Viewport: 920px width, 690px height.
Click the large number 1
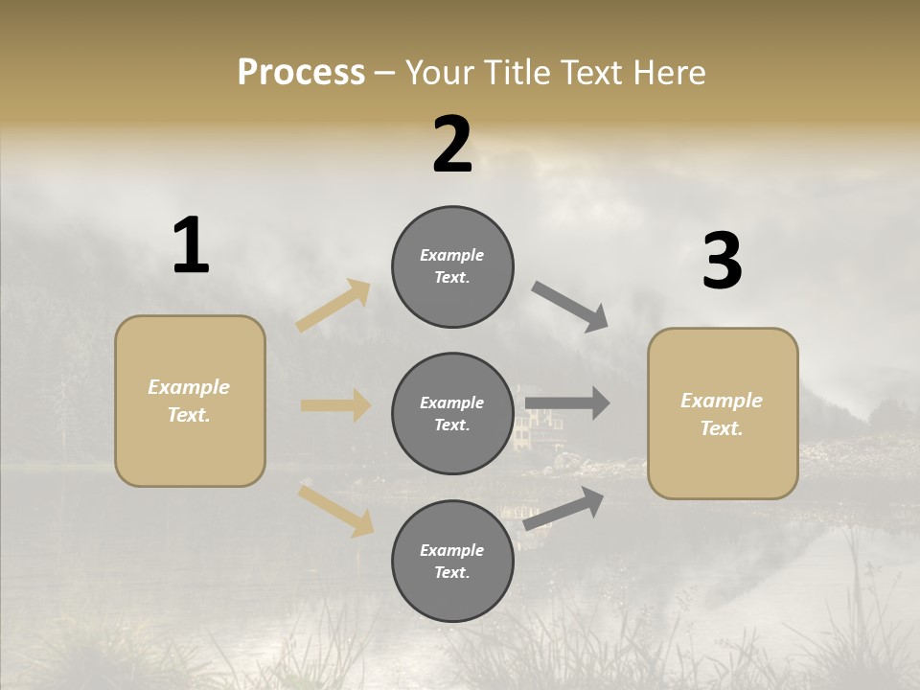191,245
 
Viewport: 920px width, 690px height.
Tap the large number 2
452,145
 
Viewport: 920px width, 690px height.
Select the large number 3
722,262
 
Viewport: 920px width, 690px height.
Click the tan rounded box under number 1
190,401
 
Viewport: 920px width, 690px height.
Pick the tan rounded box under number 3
723,413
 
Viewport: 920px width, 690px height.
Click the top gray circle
452,266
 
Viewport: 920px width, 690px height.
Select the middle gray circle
452,413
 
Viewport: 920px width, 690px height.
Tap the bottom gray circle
452,561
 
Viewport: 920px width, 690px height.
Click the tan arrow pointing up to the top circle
333,306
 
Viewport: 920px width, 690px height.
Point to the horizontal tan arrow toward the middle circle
335,405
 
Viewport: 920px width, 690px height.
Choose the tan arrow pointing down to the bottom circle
335,510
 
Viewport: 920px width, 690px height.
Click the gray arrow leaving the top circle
569,306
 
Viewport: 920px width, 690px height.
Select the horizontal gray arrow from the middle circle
567,403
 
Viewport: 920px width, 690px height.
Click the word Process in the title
301,72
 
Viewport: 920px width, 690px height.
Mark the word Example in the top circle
452,255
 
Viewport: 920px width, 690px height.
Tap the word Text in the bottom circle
450,572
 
